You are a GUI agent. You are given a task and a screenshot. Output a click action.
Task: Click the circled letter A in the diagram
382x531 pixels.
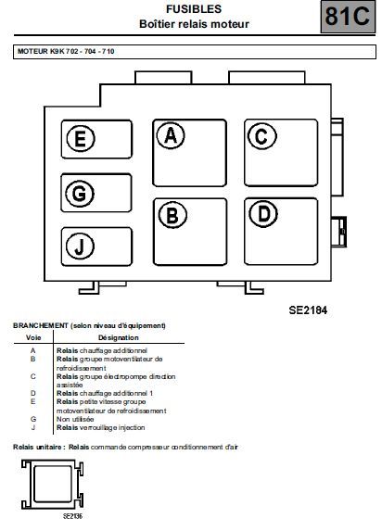coord(171,135)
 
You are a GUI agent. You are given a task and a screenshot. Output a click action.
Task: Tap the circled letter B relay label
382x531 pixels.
coord(172,215)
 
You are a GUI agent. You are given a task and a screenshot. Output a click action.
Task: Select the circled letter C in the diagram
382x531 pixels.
coord(262,136)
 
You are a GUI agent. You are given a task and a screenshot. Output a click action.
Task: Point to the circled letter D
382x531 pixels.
coord(263,214)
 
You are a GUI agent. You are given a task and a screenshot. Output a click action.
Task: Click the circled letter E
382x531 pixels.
coord(81,138)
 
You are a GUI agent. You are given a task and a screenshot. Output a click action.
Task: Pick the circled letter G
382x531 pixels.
coord(80,194)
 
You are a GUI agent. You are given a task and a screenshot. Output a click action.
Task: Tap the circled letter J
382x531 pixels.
coord(80,247)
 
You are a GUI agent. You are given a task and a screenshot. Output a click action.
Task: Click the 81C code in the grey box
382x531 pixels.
coord(348,17)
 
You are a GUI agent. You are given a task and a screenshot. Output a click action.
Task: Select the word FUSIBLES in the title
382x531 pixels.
coord(194,9)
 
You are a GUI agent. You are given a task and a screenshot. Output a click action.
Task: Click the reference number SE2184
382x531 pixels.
coord(308,310)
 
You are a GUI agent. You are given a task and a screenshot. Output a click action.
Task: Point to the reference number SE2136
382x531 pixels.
coord(72,516)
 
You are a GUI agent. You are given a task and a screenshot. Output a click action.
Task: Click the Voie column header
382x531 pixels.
coord(33,337)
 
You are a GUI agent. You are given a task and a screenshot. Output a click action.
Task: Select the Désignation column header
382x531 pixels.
coord(119,337)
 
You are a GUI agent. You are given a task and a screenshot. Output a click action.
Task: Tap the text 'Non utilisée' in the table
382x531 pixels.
coord(75,419)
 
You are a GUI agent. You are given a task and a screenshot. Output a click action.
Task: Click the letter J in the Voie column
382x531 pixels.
coord(33,427)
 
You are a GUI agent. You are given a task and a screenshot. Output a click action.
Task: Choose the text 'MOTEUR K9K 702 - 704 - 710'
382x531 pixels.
coord(66,52)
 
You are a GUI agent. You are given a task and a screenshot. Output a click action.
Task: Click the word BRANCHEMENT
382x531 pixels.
coord(41,325)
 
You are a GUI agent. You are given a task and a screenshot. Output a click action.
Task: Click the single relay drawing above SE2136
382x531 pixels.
coord(53,484)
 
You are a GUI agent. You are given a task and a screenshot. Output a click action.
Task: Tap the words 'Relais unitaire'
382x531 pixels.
coord(37,447)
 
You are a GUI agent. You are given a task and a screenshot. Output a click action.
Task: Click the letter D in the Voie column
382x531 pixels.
coord(32,393)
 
